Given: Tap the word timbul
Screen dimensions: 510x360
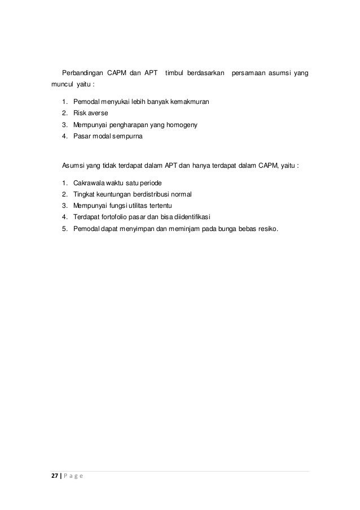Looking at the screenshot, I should click(175, 73).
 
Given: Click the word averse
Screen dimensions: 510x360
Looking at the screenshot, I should click(97, 113).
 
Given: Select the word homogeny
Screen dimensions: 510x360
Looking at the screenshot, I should click(179, 124).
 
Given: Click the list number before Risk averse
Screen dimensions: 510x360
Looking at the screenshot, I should click(65, 113).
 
